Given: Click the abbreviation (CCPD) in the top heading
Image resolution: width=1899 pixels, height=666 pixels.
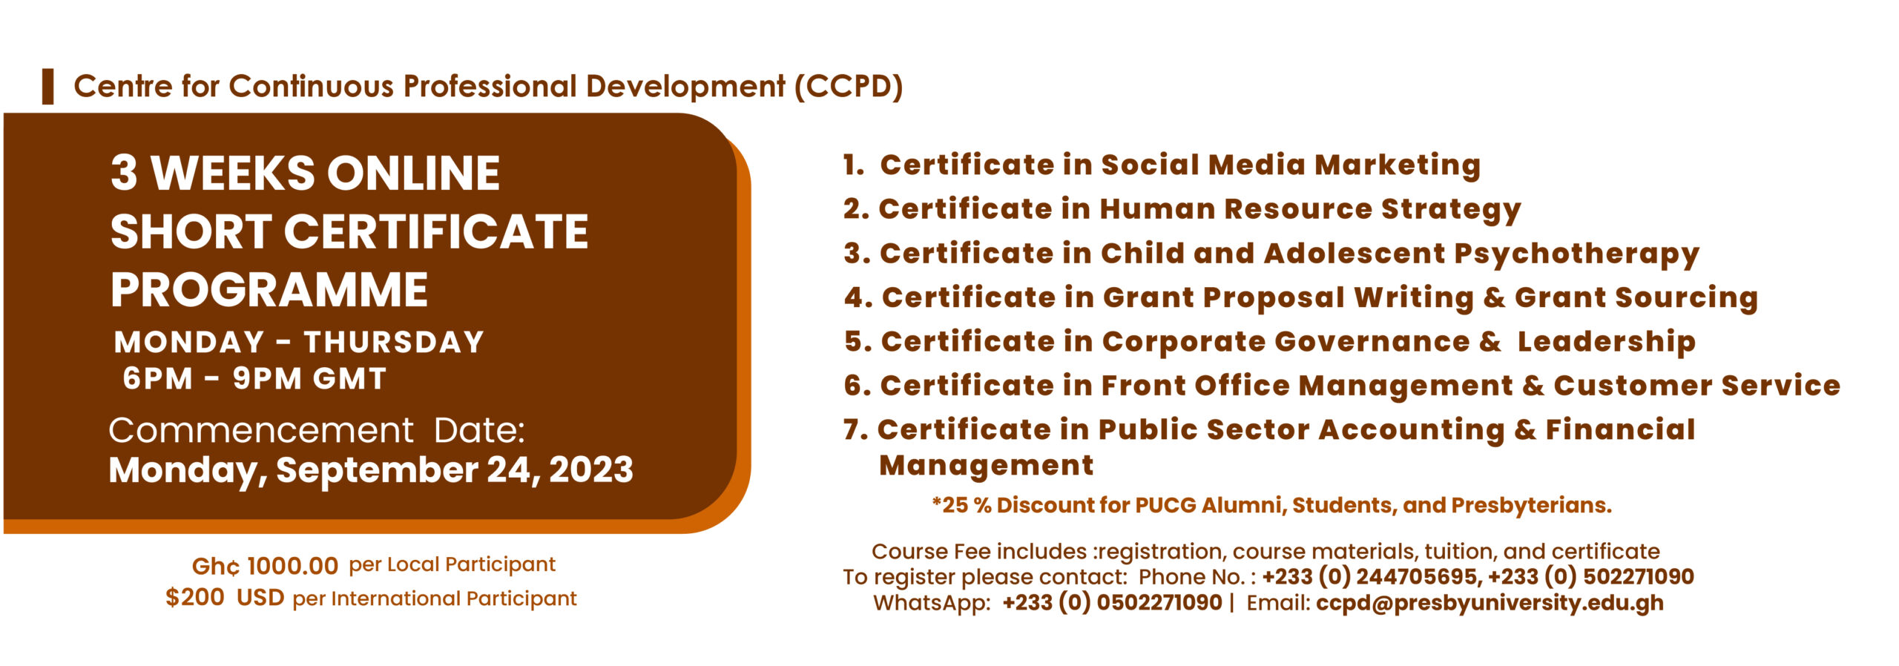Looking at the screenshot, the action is coord(849,86).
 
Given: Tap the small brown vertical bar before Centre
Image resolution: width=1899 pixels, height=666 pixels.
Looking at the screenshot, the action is coord(48,86).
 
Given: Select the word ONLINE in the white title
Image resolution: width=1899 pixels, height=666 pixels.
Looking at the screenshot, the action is coord(413,173).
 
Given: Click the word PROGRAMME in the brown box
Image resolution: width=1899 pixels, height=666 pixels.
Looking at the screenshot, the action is coord(269,289).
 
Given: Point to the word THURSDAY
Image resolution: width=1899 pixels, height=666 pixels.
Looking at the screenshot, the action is coord(394,342).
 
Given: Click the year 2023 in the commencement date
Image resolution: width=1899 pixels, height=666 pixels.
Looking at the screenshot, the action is coord(591,469).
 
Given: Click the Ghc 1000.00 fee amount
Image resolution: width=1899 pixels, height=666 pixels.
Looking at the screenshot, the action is coord(265,566).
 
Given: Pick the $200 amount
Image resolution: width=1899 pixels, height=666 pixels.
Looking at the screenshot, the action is coord(195,597).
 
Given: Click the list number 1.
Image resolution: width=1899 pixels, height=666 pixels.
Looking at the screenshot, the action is coord(853,165).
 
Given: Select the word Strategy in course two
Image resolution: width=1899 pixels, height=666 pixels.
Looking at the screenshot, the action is coord(1451,210).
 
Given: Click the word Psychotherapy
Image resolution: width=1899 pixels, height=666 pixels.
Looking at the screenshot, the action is coord(1576,254).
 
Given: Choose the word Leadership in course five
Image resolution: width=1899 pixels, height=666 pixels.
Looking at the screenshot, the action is coord(1607,342).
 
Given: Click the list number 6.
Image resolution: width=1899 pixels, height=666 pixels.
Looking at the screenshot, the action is coord(857,386).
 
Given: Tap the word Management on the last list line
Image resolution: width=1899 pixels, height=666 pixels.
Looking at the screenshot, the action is coord(986,466).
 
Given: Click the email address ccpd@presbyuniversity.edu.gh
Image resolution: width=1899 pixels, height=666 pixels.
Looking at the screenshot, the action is coord(1490,603).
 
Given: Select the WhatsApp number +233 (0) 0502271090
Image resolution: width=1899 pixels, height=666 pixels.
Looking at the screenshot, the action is coord(1112,603).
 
